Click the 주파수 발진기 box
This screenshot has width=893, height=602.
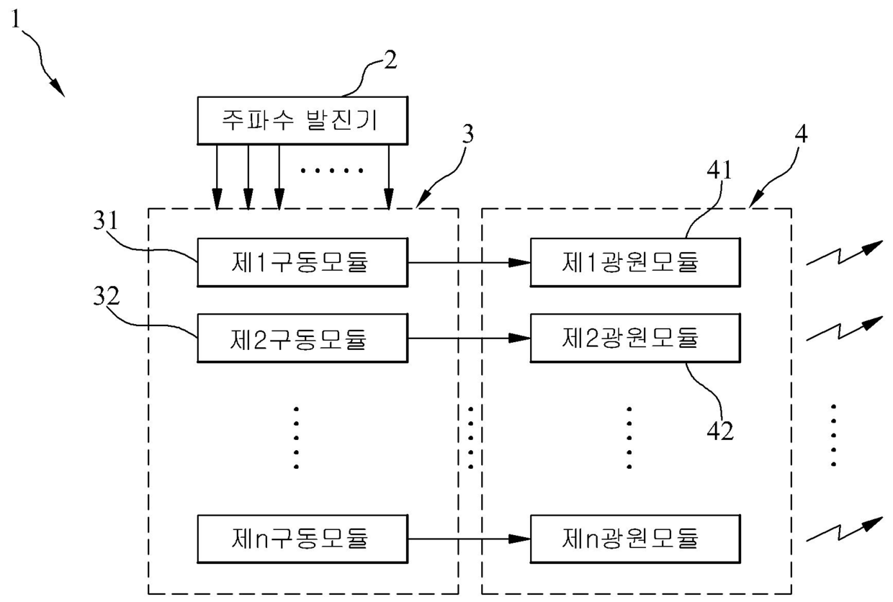(x=302, y=120)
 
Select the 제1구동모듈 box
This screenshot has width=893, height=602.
(x=302, y=262)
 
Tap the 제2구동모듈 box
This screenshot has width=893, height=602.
(x=302, y=338)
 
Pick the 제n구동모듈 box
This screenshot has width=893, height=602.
(x=302, y=539)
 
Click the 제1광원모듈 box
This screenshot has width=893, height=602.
(x=635, y=262)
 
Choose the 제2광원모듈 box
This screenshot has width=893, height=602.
(x=635, y=338)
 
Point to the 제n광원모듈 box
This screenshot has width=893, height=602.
(x=635, y=539)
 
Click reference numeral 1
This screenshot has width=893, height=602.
(x=16, y=19)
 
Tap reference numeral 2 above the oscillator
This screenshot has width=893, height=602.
(x=390, y=60)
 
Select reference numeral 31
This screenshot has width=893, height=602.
(x=106, y=220)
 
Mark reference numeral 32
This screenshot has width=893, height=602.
(x=107, y=296)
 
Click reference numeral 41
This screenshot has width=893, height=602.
(x=719, y=170)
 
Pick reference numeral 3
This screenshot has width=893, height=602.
(x=468, y=134)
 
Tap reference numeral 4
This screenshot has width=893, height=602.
(x=802, y=134)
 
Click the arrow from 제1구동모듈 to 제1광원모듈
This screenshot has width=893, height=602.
(x=470, y=263)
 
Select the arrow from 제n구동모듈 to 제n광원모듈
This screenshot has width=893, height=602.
(x=470, y=539)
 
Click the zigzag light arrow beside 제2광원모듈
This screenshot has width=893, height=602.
(x=844, y=329)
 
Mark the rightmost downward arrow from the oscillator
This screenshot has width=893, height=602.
(x=389, y=177)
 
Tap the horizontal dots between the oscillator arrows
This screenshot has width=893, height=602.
(x=332, y=171)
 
